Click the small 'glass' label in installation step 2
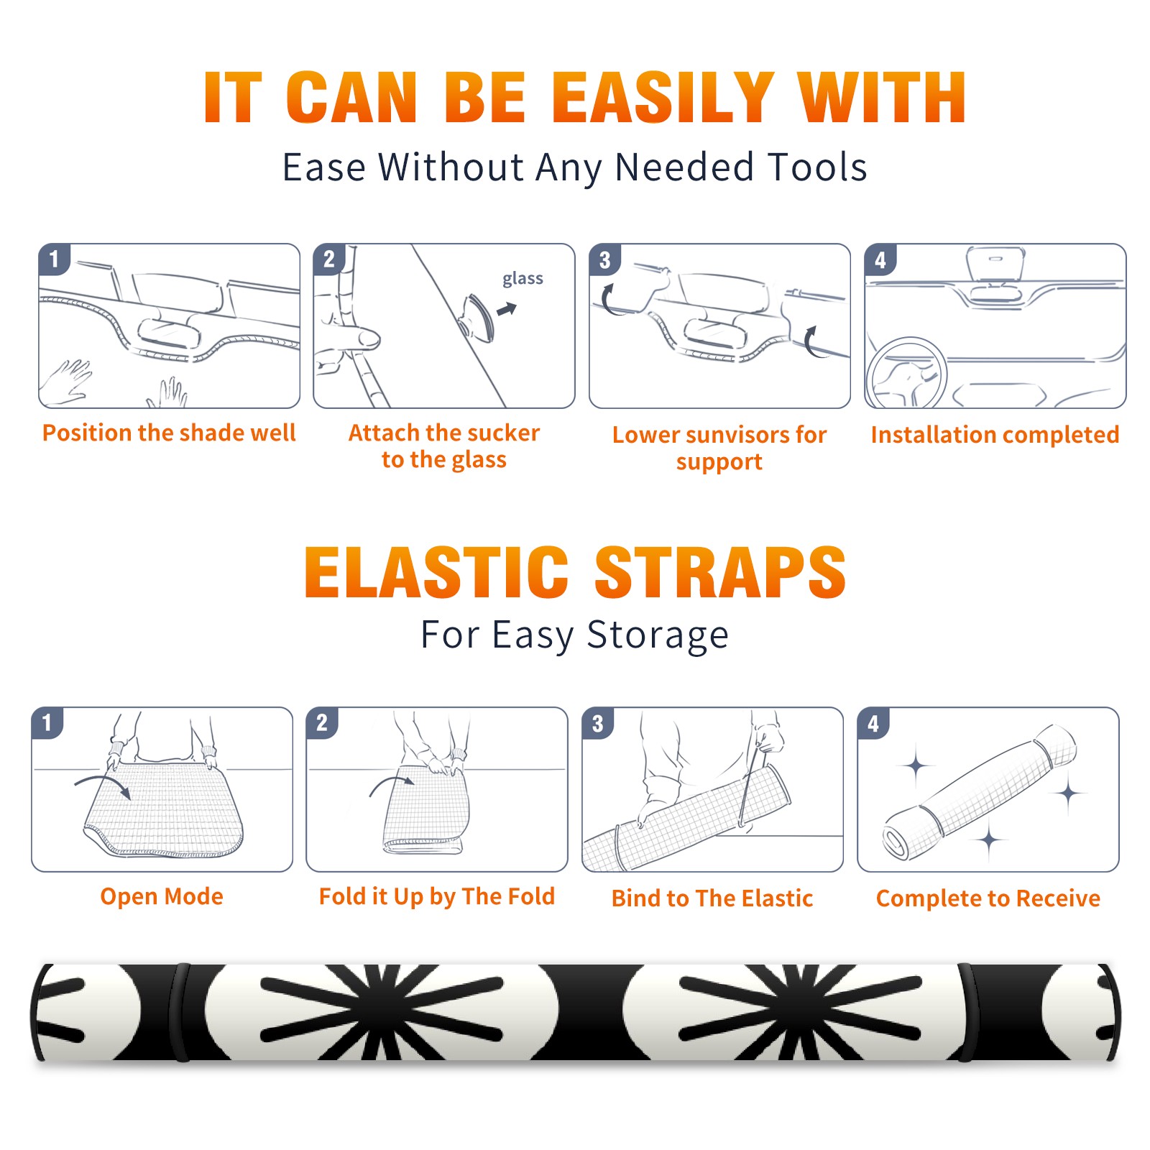(x=523, y=279)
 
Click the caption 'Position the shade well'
(x=169, y=433)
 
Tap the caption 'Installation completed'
(x=995, y=435)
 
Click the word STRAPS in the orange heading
(x=720, y=572)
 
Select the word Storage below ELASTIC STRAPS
(x=658, y=635)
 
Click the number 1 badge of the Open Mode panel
(x=47, y=722)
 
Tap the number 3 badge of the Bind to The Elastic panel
(x=597, y=723)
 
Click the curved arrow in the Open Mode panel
(x=103, y=784)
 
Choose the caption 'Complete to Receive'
(x=988, y=898)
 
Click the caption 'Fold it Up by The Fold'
(x=437, y=896)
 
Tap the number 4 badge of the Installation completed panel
(x=880, y=259)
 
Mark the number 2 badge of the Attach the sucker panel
(x=329, y=259)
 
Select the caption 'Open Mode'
(x=162, y=897)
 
